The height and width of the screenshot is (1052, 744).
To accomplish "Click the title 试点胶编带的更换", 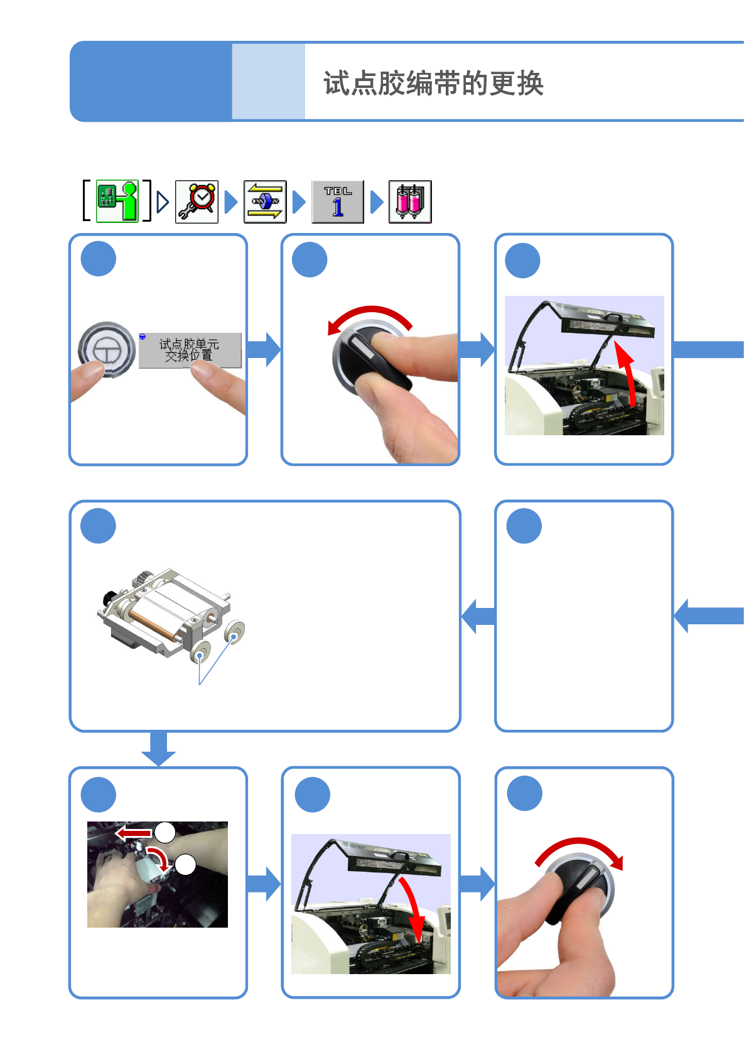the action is [x=433, y=83].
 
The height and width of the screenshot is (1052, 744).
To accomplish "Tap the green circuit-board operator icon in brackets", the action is [x=117, y=201].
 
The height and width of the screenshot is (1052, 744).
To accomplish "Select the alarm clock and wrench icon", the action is [x=197, y=202].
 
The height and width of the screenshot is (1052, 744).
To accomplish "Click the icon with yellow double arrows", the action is [x=265, y=202].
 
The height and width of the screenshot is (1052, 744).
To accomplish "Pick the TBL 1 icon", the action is [x=338, y=202].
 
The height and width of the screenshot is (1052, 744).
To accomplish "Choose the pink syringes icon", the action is [x=410, y=202].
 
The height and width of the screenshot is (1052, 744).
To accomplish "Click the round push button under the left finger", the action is [x=107, y=349].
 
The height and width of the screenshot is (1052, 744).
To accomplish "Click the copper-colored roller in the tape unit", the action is [x=153, y=625].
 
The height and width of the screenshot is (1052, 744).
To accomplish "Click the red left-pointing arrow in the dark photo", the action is [x=134, y=833].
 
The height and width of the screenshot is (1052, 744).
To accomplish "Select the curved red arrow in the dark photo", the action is [x=159, y=859].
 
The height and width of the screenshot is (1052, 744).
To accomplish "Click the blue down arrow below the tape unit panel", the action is [x=159, y=748].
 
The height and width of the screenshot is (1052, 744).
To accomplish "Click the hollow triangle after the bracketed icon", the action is [x=163, y=202].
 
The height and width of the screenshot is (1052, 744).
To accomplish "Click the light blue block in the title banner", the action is [x=269, y=81].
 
